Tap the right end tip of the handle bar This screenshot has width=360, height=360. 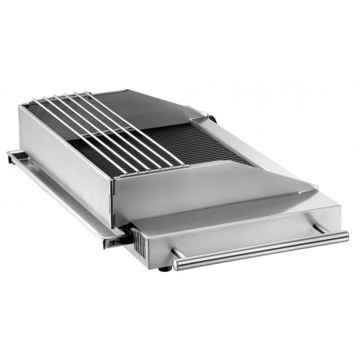point(345,235)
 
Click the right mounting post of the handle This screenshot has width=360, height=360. point(318,227)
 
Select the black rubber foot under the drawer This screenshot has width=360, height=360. point(163,269)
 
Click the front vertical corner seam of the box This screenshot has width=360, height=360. point(116,197)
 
